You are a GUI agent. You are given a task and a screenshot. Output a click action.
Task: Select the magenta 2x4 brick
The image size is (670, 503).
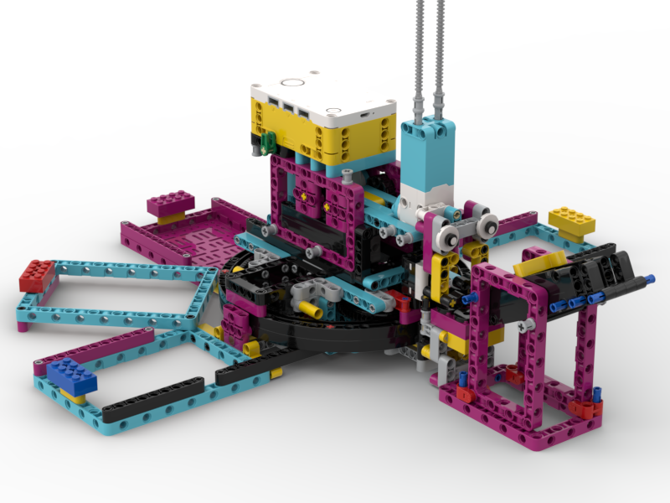tap(171, 203)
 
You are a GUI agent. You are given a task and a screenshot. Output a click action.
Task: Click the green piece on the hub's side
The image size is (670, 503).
tap(268, 142)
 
